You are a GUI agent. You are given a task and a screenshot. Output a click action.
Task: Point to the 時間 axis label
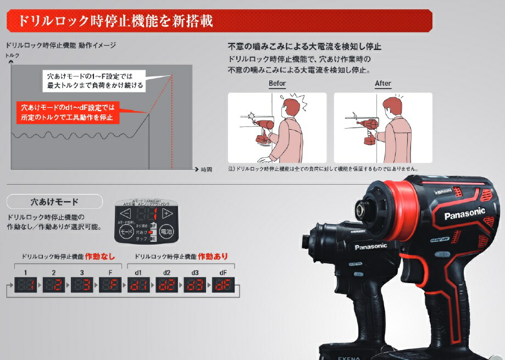pos(206,169)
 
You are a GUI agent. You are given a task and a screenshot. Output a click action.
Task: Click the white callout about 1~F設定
pos(95,80)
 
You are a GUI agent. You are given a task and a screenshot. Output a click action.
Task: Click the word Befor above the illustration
pos(277,84)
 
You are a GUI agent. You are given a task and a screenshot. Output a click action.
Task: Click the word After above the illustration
pos(383,84)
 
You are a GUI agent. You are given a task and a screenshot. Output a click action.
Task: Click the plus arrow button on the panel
pos(168,214)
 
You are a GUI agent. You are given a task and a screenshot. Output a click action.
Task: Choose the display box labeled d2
pos(167,285)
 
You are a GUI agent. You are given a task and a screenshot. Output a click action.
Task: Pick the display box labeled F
pos(110,285)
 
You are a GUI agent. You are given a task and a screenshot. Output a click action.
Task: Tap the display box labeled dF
pos(223,285)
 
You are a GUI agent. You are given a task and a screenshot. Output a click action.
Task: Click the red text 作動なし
pos(99,256)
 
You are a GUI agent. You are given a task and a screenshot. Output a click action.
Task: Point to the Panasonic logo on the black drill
pos(371,247)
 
